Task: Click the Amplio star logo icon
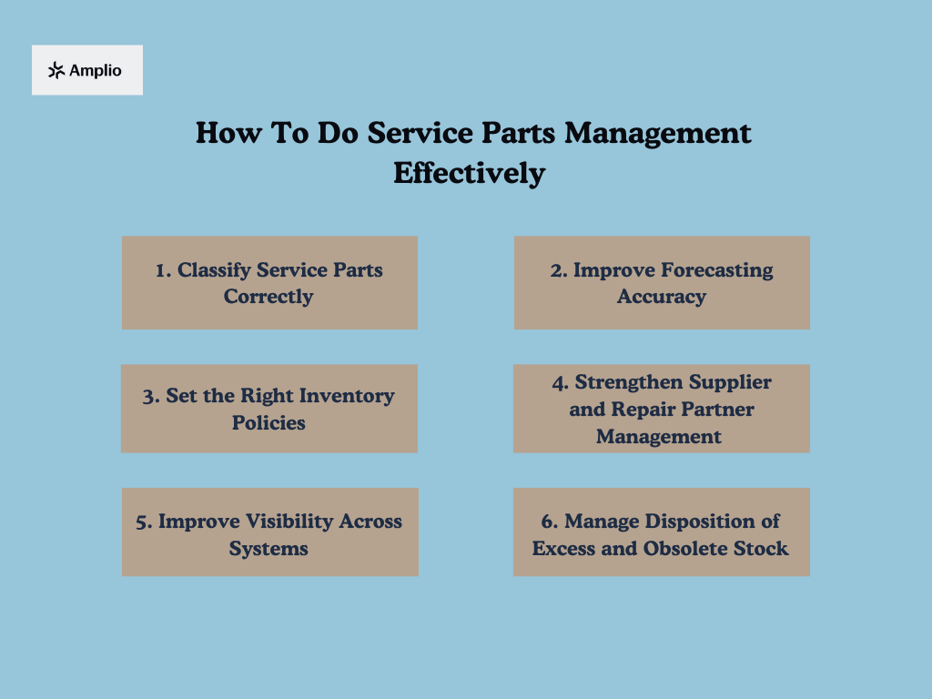pyautogui.click(x=56, y=70)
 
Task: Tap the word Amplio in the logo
pyautogui.click(x=95, y=70)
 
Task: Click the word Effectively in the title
pyautogui.click(x=469, y=173)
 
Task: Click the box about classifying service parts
pyautogui.click(x=269, y=282)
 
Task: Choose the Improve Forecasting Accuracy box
pyautogui.click(x=662, y=282)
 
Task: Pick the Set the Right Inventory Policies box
pyautogui.click(x=269, y=409)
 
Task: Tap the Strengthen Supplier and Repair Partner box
pyautogui.click(x=662, y=409)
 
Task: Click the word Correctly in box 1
pyautogui.click(x=268, y=297)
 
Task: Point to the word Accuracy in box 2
pyautogui.click(x=662, y=297)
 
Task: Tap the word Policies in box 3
pyautogui.click(x=268, y=423)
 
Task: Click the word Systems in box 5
pyautogui.click(x=268, y=549)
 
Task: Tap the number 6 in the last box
pyautogui.click(x=547, y=522)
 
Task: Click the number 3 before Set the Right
pyautogui.click(x=148, y=397)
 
